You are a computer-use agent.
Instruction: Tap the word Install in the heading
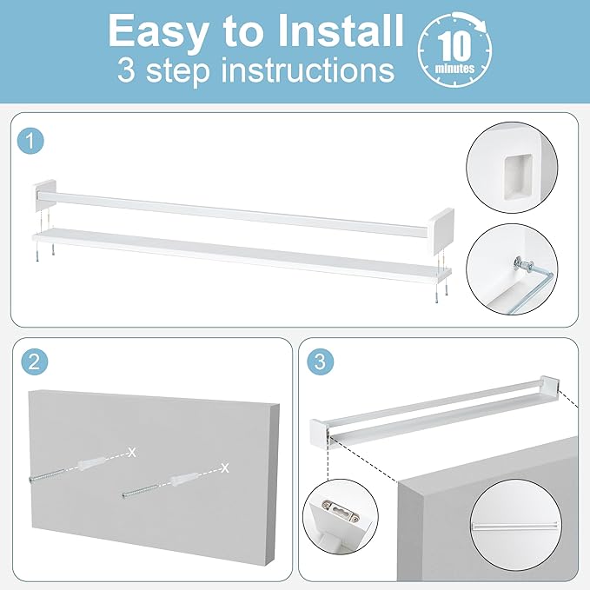click(x=340, y=30)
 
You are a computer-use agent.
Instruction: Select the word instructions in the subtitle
click(x=308, y=70)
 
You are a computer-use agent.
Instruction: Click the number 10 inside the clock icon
click(x=454, y=46)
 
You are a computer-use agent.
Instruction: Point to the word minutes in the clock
click(x=454, y=69)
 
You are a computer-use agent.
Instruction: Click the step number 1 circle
click(x=31, y=141)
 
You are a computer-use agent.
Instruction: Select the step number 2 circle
click(x=34, y=361)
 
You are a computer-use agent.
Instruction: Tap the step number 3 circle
click(x=321, y=361)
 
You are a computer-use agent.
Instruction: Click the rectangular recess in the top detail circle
click(x=518, y=176)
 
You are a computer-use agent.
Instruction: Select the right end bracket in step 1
click(x=441, y=231)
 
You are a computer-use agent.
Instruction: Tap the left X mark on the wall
click(x=132, y=453)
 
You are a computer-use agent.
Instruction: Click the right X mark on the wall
click(x=225, y=467)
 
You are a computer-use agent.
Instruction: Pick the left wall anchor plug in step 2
click(x=90, y=464)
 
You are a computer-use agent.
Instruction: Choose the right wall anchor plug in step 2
click(x=184, y=479)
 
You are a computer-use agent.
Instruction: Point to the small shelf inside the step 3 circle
click(x=514, y=526)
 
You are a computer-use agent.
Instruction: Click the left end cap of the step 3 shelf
click(x=320, y=432)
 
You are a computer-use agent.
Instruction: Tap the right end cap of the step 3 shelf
click(x=550, y=385)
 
